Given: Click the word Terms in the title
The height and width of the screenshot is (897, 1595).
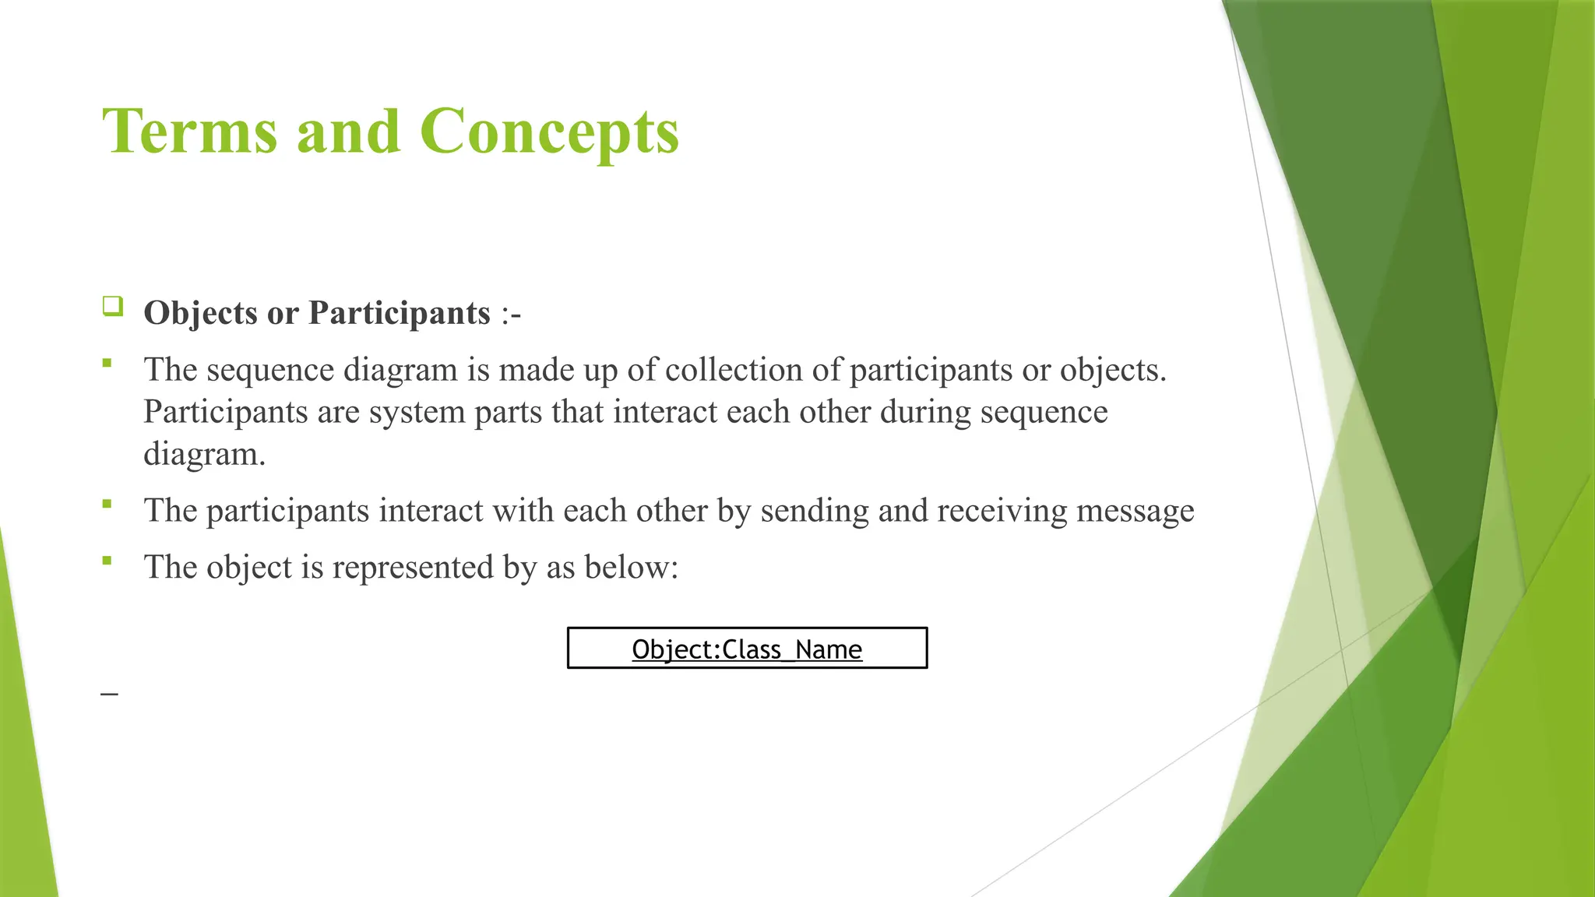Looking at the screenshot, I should pyautogui.click(x=189, y=132).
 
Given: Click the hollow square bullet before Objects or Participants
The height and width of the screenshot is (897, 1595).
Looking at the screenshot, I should pyautogui.click(x=112, y=306).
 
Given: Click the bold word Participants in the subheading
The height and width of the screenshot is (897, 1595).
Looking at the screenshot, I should pyautogui.click(x=399, y=313).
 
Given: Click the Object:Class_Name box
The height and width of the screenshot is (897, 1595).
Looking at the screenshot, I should pyautogui.click(x=747, y=648).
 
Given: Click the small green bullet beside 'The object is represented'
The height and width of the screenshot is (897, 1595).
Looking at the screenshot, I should pyautogui.click(x=107, y=560).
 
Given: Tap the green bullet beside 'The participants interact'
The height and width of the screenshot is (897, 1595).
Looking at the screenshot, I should pyautogui.click(x=107, y=504).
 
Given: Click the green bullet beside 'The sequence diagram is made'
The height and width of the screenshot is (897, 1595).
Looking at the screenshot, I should pyautogui.click(x=107, y=363).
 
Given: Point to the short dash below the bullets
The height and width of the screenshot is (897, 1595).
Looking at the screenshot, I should pyautogui.click(x=109, y=692).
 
